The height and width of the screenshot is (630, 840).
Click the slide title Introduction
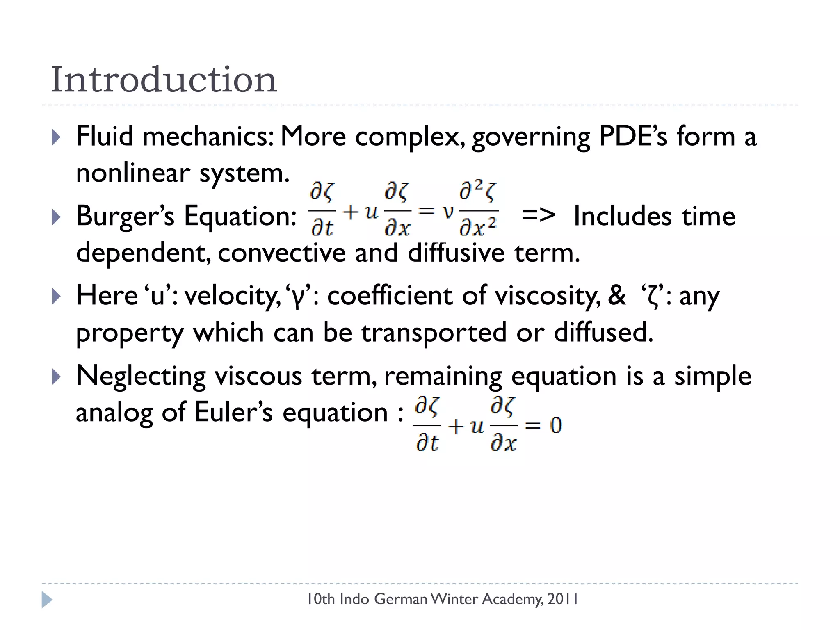164,80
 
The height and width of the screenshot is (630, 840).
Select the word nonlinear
132,173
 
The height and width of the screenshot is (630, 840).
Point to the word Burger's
125,216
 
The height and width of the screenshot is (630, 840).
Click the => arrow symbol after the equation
538,215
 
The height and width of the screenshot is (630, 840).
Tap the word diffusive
456,253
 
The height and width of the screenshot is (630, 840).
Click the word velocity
232,296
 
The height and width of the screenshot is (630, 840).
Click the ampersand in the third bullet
616,295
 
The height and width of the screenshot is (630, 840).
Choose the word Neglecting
141,376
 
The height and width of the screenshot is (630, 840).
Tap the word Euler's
233,412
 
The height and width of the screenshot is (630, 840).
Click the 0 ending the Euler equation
555,425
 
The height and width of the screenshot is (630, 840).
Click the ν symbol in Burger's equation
448,212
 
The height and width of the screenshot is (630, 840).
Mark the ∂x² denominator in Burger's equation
478,226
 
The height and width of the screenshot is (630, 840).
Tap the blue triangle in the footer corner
47,600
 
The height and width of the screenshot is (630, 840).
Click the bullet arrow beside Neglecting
56,376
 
